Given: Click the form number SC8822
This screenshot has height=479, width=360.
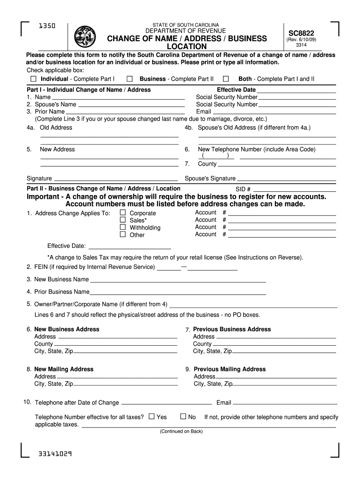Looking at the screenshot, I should point(301,33).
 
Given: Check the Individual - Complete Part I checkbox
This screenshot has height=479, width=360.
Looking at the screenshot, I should point(33,79).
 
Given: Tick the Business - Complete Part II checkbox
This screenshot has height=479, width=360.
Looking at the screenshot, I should point(130,79).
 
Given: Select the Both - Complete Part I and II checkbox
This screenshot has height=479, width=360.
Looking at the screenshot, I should point(226,79).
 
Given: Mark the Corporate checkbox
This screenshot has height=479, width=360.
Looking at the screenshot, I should point(123,213).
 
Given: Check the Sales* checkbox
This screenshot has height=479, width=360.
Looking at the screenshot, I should point(123,220).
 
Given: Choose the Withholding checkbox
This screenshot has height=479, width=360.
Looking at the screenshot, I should point(123,227).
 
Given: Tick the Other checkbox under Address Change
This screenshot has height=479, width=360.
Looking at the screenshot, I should point(123,234).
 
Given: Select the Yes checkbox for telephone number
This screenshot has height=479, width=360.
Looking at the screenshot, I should point(151,416).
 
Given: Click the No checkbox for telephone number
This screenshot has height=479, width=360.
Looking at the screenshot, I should point(183,416).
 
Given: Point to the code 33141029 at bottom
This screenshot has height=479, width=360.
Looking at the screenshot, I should point(56,454).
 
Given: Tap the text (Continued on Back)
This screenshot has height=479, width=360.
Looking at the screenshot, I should point(181,431).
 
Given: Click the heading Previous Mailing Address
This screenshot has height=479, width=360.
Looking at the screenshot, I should point(230,369).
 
